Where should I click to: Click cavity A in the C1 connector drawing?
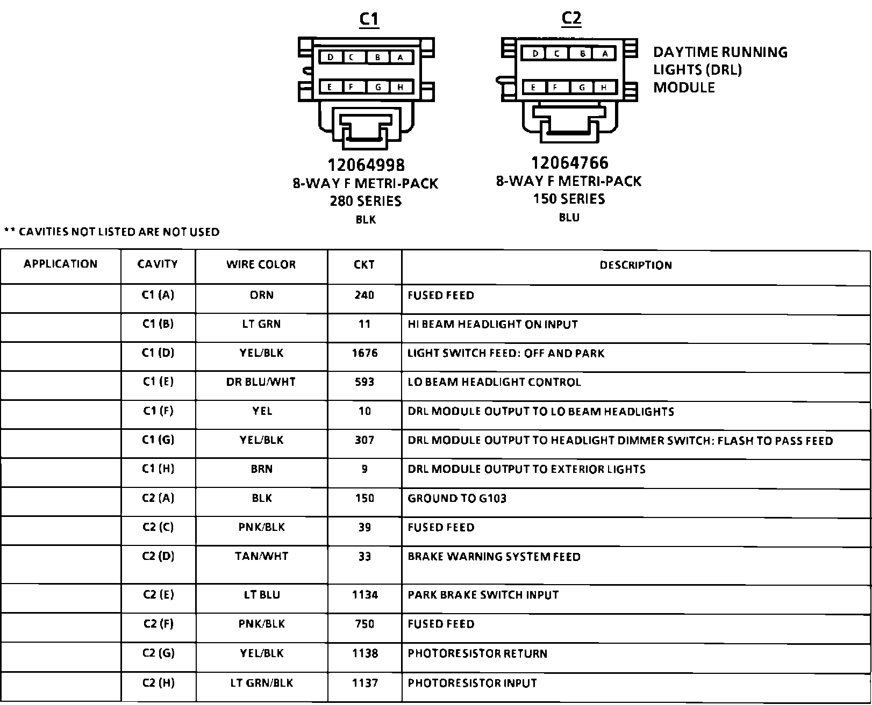point(401,57)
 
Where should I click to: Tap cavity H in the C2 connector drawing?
point(604,88)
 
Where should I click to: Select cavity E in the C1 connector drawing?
point(329,88)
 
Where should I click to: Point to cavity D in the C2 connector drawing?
point(535,54)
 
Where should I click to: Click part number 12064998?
point(366,164)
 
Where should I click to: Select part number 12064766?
point(570,162)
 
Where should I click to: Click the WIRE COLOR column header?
point(261,264)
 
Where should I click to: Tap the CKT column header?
point(364,264)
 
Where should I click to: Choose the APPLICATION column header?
point(60,264)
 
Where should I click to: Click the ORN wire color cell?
point(262,295)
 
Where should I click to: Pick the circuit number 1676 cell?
point(364,353)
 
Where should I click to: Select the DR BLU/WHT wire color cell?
point(261,382)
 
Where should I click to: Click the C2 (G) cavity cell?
point(158,653)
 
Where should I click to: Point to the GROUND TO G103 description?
point(457,498)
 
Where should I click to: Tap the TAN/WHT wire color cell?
point(262,556)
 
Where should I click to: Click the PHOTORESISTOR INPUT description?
point(472,683)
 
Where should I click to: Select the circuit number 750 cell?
point(364,624)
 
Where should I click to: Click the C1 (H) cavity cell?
point(158,469)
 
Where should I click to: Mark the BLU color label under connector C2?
point(569,218)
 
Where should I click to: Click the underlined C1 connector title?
point(369,19)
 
